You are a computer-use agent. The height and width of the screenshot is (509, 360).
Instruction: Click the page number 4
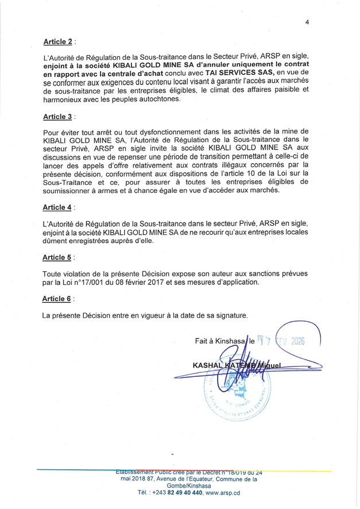307,22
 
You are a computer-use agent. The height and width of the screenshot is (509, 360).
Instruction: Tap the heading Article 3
57,117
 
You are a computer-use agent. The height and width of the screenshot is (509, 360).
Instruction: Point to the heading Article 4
57,207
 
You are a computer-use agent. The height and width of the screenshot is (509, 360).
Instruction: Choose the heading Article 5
57,257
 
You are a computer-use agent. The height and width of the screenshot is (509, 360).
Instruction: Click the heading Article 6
57,299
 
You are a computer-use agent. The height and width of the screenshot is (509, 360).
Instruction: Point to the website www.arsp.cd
222,492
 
